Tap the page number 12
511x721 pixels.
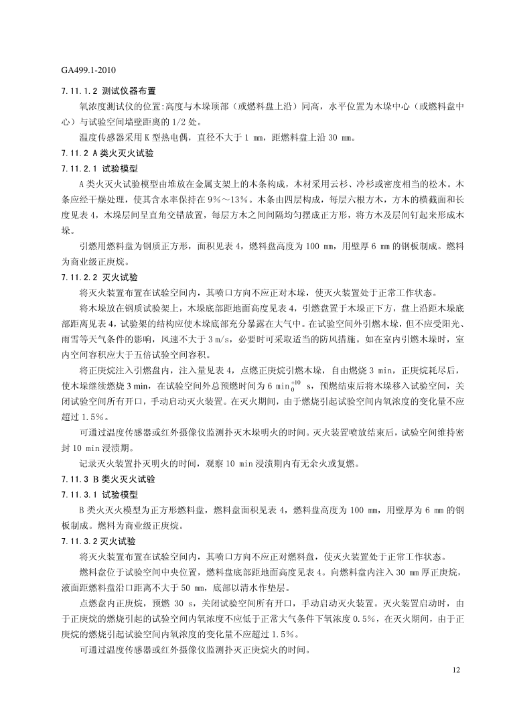click(x=457, y=670)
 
